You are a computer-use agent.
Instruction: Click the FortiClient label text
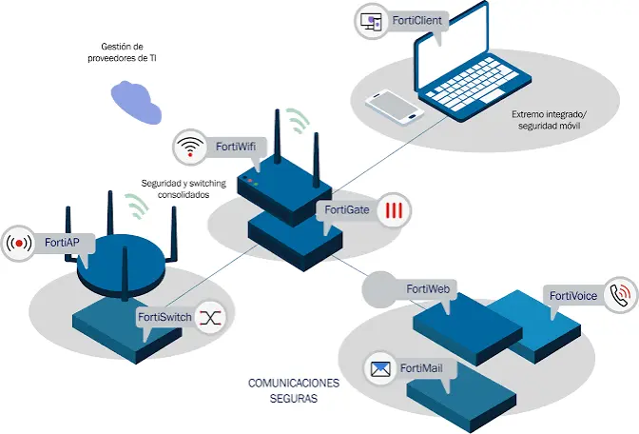coord(416,20)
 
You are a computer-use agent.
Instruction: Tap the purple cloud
coord(137,102)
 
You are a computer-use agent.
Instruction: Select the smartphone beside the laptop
coord(395,107)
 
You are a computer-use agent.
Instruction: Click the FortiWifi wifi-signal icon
coord(190,147)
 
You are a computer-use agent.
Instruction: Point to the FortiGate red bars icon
coord(394,210)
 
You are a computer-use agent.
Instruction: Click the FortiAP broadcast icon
coord(19,244)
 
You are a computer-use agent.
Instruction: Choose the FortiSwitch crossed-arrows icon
coord(210,317)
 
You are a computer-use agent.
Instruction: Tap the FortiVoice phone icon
coord(620,295)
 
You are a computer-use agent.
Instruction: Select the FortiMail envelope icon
coord(380,368)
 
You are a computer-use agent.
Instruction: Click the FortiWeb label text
coord(428,289)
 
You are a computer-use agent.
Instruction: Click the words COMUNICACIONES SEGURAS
coord(294,390)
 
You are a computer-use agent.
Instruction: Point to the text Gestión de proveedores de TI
coord(123,52)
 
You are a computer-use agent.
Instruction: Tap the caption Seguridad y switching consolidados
coord(184,188)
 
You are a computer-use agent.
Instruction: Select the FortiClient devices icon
coord(374,21)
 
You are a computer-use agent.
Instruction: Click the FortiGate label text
coord(347,210)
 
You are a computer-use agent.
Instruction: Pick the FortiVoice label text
coord(573,296)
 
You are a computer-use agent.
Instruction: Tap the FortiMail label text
coord(421,368)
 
